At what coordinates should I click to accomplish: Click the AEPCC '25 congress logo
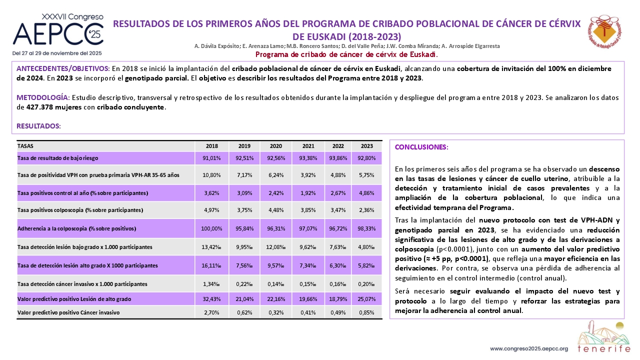58,29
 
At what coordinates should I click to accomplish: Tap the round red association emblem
604,31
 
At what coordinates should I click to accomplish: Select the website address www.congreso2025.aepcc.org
529,349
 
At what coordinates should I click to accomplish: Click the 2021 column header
308,146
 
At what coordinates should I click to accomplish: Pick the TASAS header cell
25,146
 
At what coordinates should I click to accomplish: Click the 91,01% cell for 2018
211,158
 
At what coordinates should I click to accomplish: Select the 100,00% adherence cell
211,228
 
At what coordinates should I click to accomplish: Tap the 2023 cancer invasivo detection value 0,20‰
366,284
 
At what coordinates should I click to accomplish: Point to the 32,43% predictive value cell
211,299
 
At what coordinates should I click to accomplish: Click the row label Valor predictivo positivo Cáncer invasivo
68,312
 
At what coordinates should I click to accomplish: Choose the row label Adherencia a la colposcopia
76,228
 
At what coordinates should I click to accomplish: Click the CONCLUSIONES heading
421,147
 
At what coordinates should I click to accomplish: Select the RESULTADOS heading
38,126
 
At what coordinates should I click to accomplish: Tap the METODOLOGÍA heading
43,97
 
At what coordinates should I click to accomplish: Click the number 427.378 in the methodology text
39,107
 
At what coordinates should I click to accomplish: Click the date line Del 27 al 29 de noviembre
57,53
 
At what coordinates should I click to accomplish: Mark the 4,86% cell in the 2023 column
366,193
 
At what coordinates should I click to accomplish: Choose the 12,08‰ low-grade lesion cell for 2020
275,247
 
